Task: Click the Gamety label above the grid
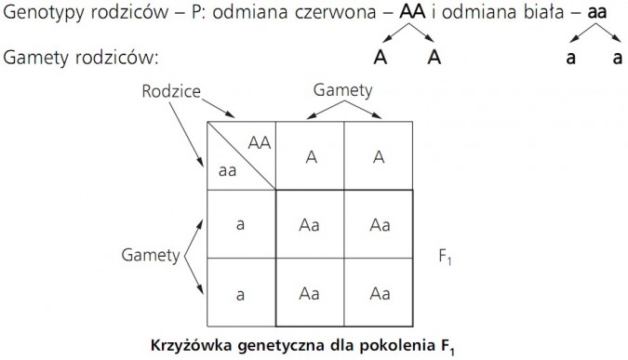coord(343,90)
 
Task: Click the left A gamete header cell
coord(310,156)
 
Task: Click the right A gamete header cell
coord(379,156)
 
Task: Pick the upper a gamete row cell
coord(241,224)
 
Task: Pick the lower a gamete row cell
coord(241,294)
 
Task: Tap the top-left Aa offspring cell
coord(310,224)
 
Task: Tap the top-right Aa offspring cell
coord(379,224)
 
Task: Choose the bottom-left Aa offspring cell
coord(310,294)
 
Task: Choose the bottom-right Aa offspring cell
coord(379,294)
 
